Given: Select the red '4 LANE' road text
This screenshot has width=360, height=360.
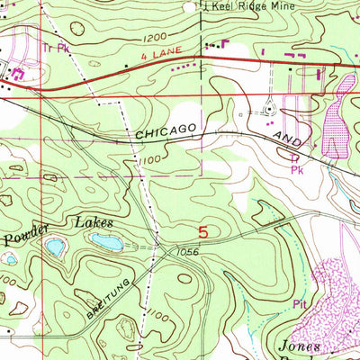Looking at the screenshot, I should (x=175, y=58).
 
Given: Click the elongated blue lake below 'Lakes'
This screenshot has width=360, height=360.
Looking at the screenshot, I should (x=107, y=239).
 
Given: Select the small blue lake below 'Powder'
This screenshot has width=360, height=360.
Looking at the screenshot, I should (x=55, y=246).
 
